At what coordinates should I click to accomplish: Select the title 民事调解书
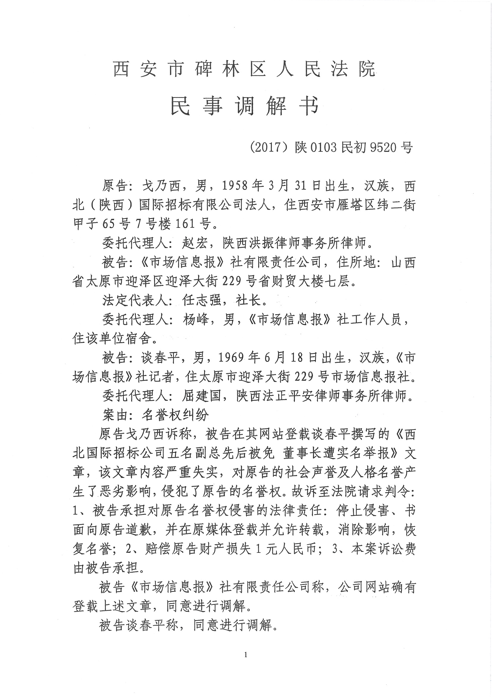click(244, 106)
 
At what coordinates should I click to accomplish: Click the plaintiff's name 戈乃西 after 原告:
click(162, 186)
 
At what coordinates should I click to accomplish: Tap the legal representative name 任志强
click(202, 301)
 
